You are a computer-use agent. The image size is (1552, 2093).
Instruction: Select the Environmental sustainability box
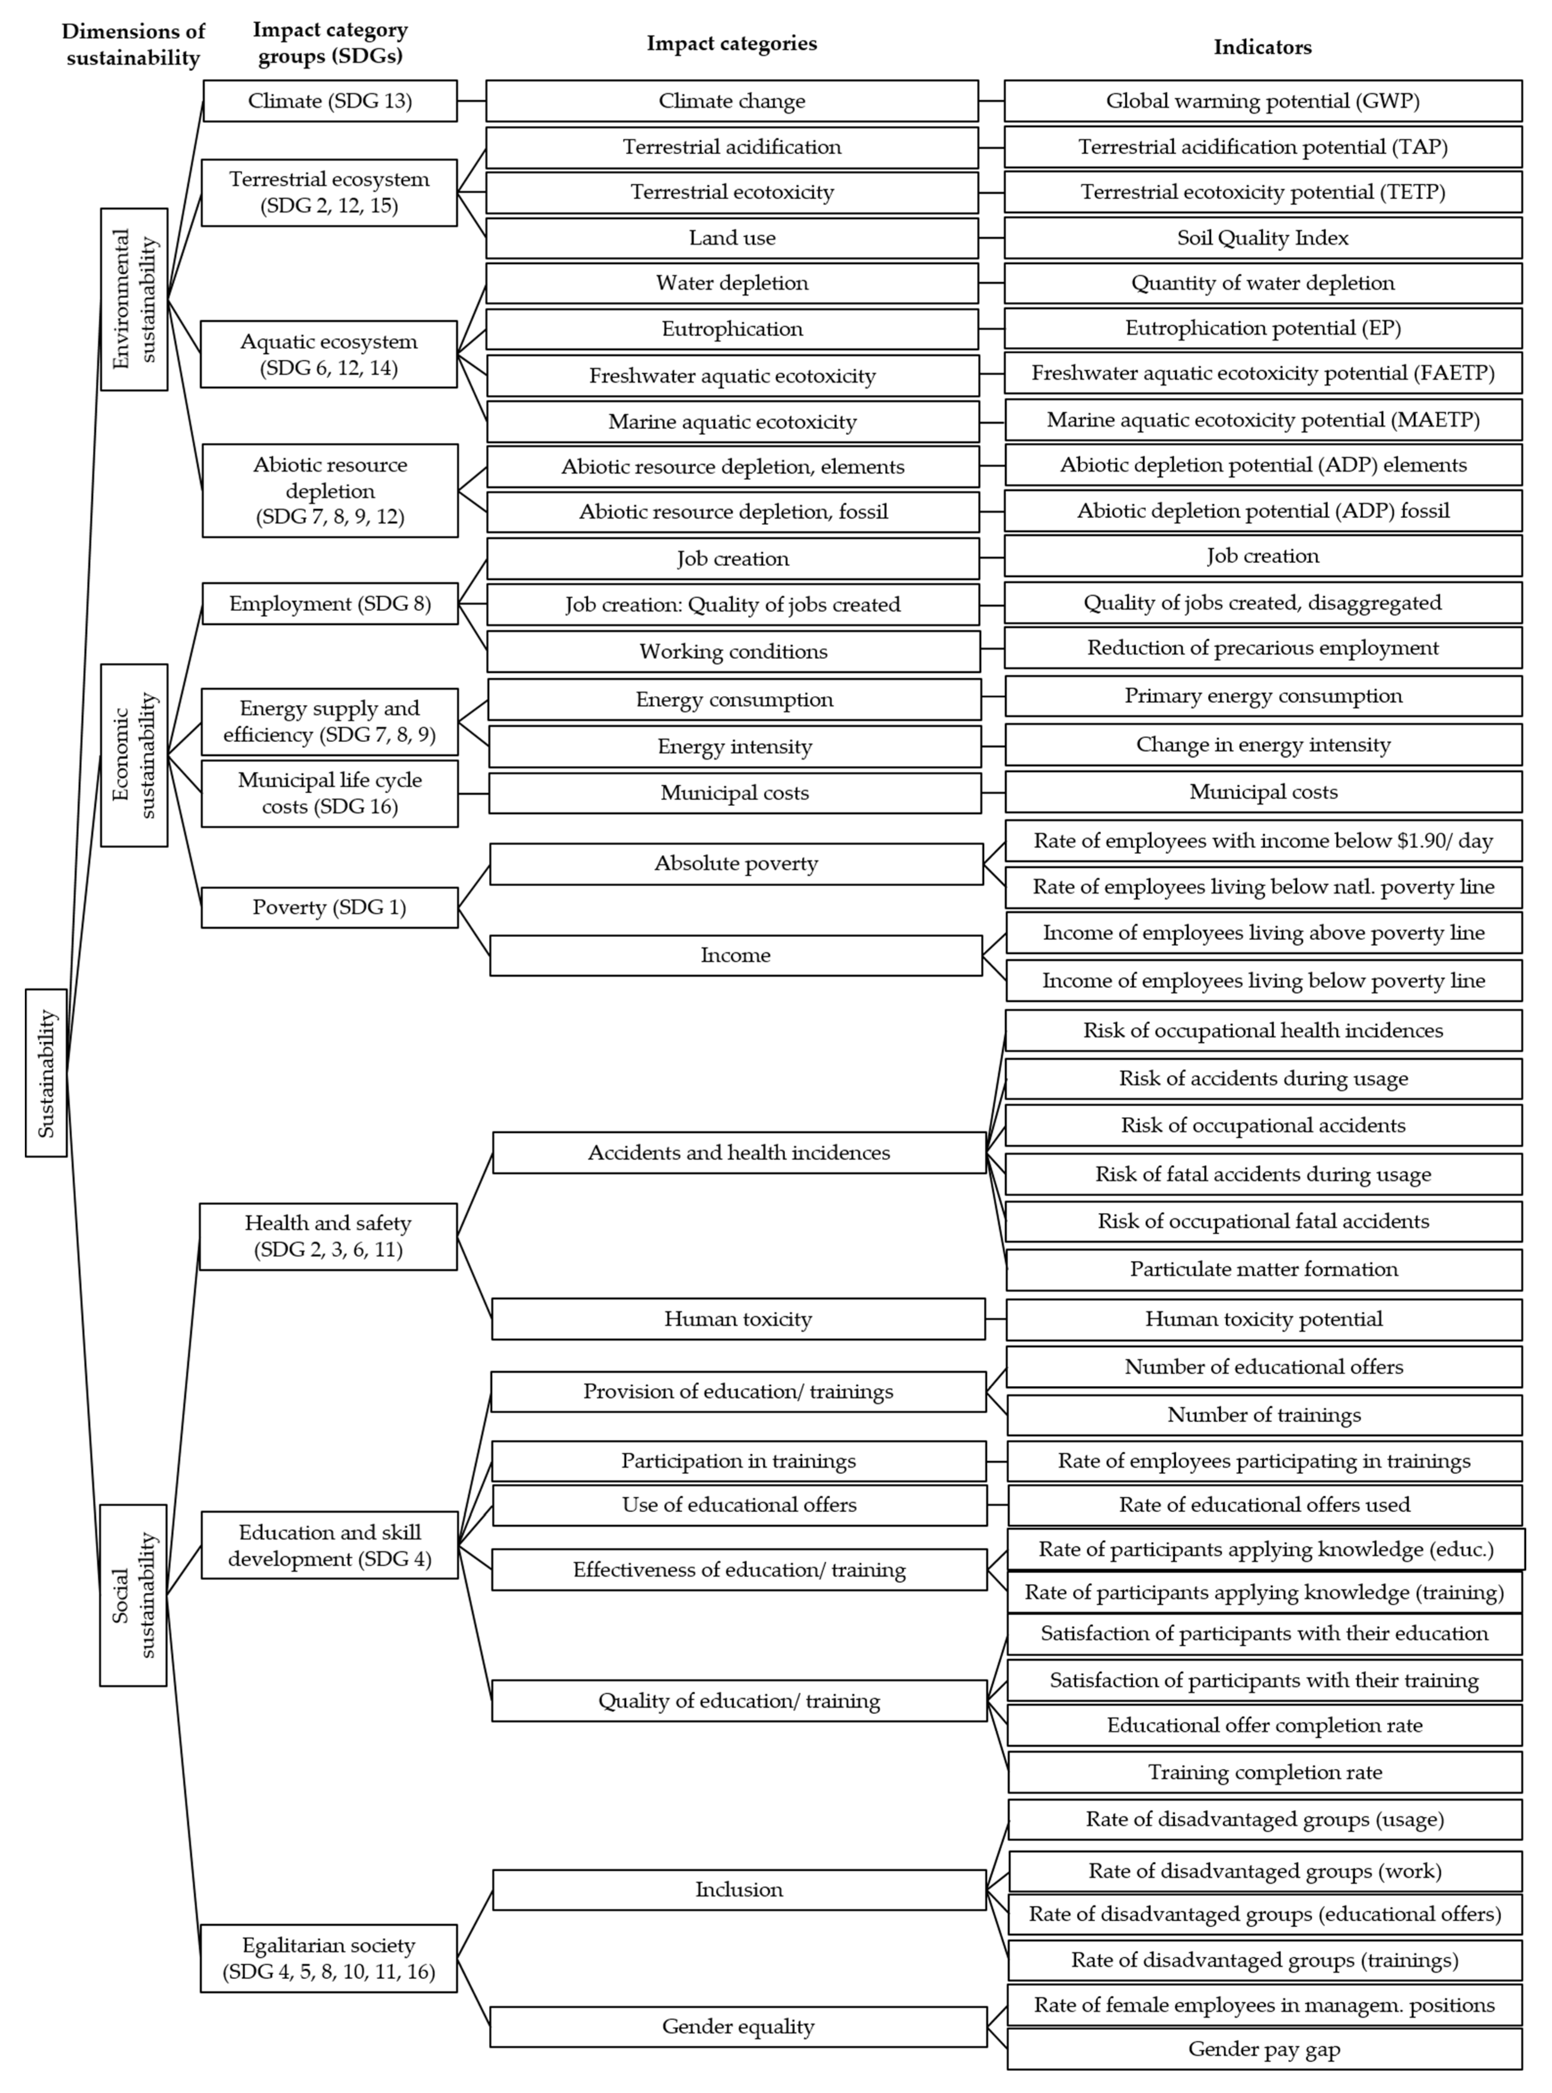click(134, 299)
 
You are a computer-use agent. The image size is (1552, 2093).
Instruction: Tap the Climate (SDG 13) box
click(330, 101)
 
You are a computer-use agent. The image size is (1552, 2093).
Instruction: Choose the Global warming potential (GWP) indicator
click(1263, 101)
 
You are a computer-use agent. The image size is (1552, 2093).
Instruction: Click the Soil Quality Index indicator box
click(1263, 238)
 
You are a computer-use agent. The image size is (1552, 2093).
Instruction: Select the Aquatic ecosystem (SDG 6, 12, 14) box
click(329, 354)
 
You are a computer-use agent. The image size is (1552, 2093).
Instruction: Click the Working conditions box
click(733, 651)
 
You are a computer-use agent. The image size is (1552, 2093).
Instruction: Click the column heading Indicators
click(1263, 47)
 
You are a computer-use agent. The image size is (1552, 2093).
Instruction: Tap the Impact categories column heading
click(732, 43)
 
